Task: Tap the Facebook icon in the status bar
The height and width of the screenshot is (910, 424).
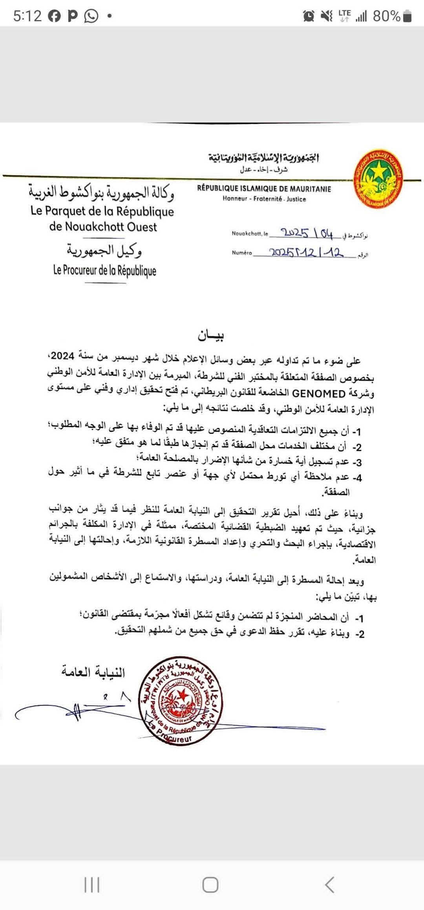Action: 55,16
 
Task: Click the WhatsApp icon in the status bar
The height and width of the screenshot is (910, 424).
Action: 91,16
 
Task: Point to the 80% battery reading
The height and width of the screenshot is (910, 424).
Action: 386,16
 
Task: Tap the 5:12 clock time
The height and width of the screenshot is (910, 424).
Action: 27,16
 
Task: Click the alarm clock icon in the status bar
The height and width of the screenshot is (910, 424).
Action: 309,16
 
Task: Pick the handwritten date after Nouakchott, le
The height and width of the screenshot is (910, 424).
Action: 307,234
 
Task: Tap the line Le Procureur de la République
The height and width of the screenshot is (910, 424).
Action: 104,271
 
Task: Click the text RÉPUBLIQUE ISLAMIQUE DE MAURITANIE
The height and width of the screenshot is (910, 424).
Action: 264,189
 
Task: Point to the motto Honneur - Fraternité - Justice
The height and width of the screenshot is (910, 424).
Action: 264,199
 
